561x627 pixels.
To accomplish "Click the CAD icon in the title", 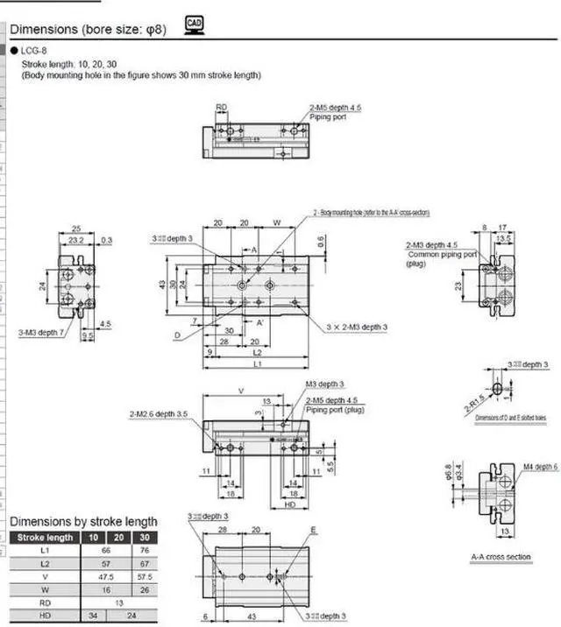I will tap(195, 26).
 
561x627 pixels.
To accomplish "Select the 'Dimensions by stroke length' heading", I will tap(83, 522).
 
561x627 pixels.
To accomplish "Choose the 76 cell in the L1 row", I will tap(144, 550).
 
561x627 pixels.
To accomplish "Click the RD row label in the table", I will tap(45, 603).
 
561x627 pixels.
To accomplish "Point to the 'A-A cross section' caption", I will tap(501, 557).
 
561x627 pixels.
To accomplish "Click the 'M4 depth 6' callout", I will tap(540, 466).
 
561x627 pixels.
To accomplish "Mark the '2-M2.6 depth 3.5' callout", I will tap(159, 413).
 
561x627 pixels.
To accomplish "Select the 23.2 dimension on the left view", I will tap(76, 239).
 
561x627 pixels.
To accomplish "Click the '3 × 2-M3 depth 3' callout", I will tap(357, 326).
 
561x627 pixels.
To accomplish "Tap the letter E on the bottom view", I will tap(313, 531).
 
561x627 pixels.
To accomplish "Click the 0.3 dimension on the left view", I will tap(106, 239).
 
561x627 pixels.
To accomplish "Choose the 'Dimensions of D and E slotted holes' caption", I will tap(510, 418).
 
